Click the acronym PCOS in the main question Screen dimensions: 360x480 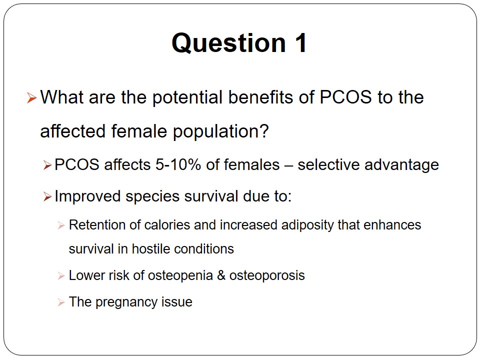click(x=345, y=97)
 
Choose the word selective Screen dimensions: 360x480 click(x=328, y=164)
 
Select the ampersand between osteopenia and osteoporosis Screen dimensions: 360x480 click(x=221, y=275)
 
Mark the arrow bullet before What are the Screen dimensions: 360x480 click(x=31, y=98)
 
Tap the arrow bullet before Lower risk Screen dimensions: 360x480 click(x=61, y=276)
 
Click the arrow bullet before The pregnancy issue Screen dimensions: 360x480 click(x=61, y=302)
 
